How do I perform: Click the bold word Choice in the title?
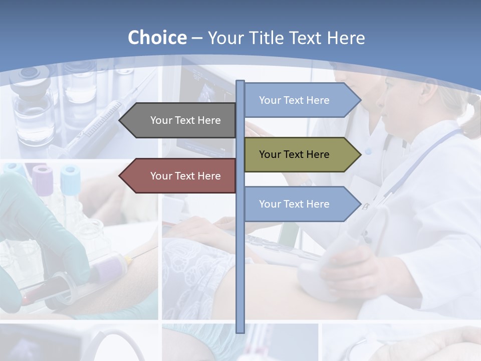click(157, 38)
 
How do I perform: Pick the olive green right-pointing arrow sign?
click(301, 154)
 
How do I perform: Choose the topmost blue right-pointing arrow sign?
click(301, 100)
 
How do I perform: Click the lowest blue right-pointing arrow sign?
click(301, 204)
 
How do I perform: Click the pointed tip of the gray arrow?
click(121, 120)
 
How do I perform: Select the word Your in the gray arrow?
click(161, 120)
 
